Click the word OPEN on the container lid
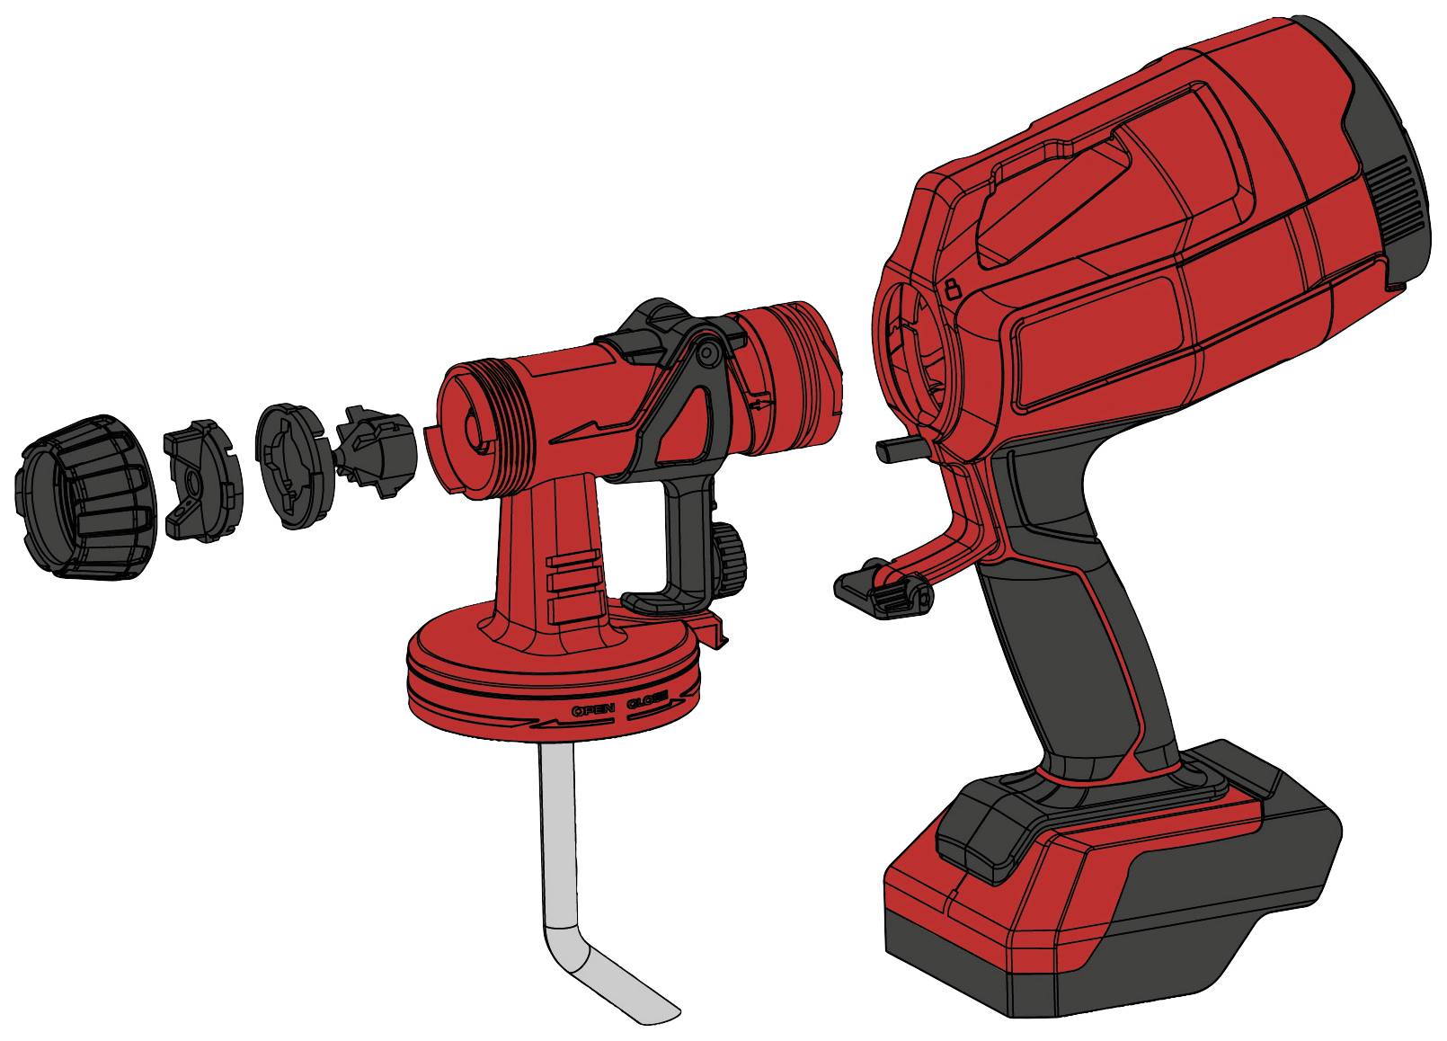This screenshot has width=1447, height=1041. pos(593,709)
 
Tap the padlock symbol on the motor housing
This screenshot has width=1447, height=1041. pos(953,289)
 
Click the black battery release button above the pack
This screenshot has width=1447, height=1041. pos(984,823)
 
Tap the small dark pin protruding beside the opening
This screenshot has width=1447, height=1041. pos(894,446)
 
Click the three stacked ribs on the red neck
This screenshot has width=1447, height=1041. pos(575,588)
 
